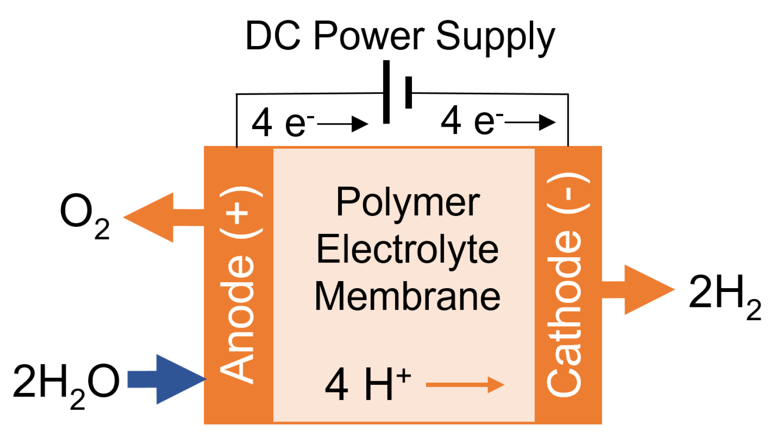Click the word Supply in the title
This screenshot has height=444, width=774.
tap(495, 37)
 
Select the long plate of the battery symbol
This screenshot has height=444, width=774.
tap(386, 92)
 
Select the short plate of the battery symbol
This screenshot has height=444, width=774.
tap(408, 92)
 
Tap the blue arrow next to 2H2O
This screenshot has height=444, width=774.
tap(167, 379)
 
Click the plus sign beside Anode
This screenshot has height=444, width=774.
tap(238, 214)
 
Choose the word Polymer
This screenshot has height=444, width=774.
tap(408, 203)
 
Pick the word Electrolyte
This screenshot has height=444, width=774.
tap(407, 249)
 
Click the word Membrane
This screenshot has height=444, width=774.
tap(407, 296)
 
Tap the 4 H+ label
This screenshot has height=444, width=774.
tap(367, 384)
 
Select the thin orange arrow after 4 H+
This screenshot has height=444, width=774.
tap(465, 384)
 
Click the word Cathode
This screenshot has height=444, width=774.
tap(565, 312)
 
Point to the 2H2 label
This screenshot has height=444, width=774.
tap(723, 294)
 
